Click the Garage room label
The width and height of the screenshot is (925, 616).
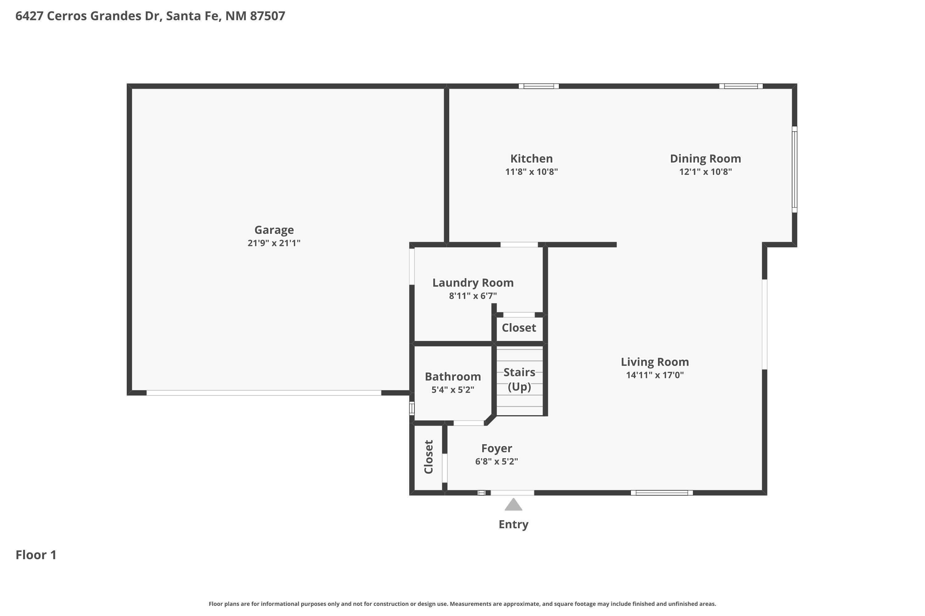pyautogui.click(x=274, y=230)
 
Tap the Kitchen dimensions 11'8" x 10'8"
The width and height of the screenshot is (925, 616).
pyautogui.click(x=531, y=172)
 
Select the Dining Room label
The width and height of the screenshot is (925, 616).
pyautogui.click(x=705, y=159)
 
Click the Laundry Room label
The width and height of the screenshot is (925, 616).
pyautogui.click(x=473, y=283)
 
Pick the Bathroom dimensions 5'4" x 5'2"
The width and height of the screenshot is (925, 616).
pyautogui.click(x=453, y=390)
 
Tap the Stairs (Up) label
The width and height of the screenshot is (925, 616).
pyautogui.click(x=519, y=379)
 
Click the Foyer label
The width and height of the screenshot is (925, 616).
pyautogui.click(x=496, y=448)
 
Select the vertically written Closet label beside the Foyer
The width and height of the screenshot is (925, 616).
pyautogui.click(x=428, y=457)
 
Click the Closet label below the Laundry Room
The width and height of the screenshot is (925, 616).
pyautogui.click(x=519, y=328)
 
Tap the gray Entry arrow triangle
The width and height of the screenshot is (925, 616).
pyautogui.click(x=513, y=505)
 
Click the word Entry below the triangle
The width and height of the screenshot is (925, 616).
pyautogui.click(x=513, y=524)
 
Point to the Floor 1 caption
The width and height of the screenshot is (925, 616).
pyautogui.click(x=36, y=555)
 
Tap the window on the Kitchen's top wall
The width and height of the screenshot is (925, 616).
pyautogui.click(x=538, y=86)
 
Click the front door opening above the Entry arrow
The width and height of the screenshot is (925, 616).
pyautogui.click(x=512, y=492)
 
